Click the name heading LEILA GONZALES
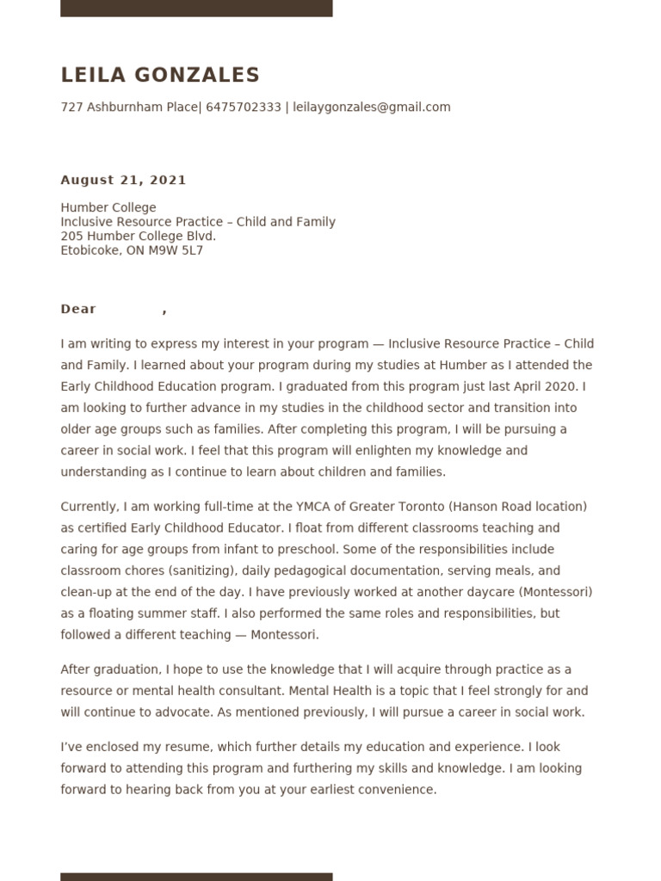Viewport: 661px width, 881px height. pos(160,76)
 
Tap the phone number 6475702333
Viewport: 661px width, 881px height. pos(244,108)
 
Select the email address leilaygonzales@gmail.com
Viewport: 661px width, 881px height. pos(371,108)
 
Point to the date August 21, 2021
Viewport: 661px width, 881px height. pos(123,180)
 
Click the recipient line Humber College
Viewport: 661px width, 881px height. pos(108,207)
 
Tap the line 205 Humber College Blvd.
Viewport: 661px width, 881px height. pos(138,237)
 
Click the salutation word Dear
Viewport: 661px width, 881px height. pos(78,309)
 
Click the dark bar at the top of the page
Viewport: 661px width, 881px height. pos(196,8)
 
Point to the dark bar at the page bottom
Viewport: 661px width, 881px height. pos(196,876)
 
